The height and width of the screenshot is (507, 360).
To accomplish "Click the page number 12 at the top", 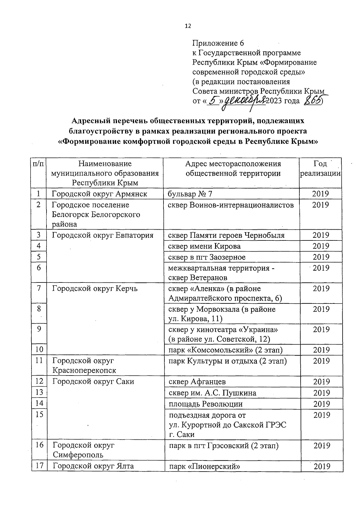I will point(188,26).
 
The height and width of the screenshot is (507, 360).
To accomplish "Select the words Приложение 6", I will point(218,43).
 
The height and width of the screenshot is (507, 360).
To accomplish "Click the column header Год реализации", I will point(320,169).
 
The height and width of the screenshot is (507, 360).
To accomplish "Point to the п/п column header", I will point(39,164).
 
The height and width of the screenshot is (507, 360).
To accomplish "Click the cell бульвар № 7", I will point(190,194).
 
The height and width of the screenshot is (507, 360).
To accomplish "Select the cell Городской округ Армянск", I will point(99,194).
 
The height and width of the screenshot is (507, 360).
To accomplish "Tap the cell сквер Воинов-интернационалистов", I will point(231,205).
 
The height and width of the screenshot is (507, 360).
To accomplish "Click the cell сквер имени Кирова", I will point(204,246).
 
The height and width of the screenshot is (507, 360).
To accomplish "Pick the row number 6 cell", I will point(39,267).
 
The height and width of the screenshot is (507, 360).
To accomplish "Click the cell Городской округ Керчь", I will point(95,289).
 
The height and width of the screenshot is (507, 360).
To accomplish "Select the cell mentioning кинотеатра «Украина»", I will point(223,334).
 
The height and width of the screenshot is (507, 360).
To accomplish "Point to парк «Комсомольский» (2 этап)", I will point(225,350).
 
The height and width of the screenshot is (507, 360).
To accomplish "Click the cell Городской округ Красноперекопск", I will point(84,365).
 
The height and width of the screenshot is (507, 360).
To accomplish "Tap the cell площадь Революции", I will point(205,404).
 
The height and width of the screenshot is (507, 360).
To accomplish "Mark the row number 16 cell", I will point(39,445).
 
